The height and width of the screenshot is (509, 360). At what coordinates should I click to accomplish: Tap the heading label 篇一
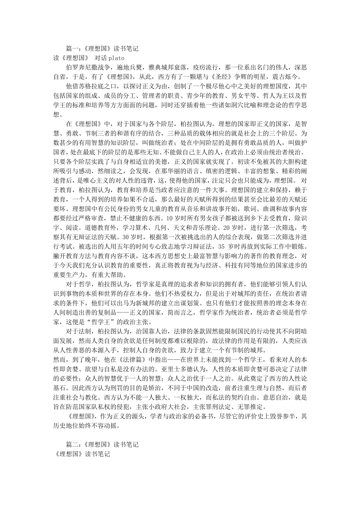click(72, 49)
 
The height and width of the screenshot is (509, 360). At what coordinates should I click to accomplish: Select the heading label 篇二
click(72, 444)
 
